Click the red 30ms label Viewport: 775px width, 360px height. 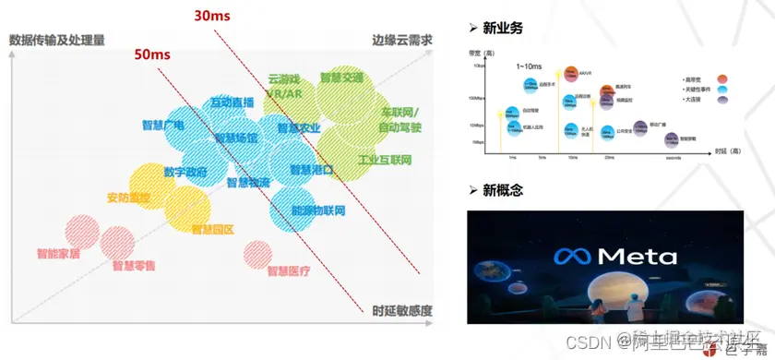point(212,16)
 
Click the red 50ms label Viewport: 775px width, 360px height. point(152,54)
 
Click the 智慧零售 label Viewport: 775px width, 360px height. point(134,266)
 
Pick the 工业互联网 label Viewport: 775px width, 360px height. point(385,160)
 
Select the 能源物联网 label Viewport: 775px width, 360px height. point(317,211)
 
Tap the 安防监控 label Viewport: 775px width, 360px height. point(128,197)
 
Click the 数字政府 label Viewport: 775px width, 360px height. point(185,172)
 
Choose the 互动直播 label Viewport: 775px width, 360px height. point(233,102)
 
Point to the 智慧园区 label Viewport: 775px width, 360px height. point(213,228)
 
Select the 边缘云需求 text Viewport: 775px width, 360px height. point(402,41)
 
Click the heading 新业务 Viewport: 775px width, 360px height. point(502,28)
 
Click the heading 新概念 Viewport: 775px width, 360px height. point(502,190)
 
